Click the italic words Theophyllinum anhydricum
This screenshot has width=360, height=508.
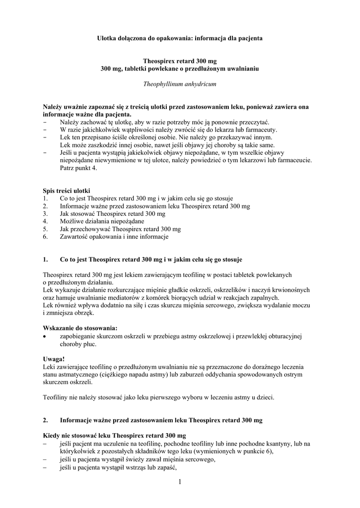179,84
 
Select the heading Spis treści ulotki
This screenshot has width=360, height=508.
67,190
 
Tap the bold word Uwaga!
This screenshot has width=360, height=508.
54,358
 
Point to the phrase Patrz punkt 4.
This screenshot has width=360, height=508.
79,168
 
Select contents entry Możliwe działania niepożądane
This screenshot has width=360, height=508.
102,221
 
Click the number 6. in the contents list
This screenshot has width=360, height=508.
46,237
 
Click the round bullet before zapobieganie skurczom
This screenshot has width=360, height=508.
46,336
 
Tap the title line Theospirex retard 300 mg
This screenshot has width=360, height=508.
179,60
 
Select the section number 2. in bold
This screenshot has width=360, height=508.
46,420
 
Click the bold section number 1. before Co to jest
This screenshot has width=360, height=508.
46,259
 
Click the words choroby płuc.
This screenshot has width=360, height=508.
78,344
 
